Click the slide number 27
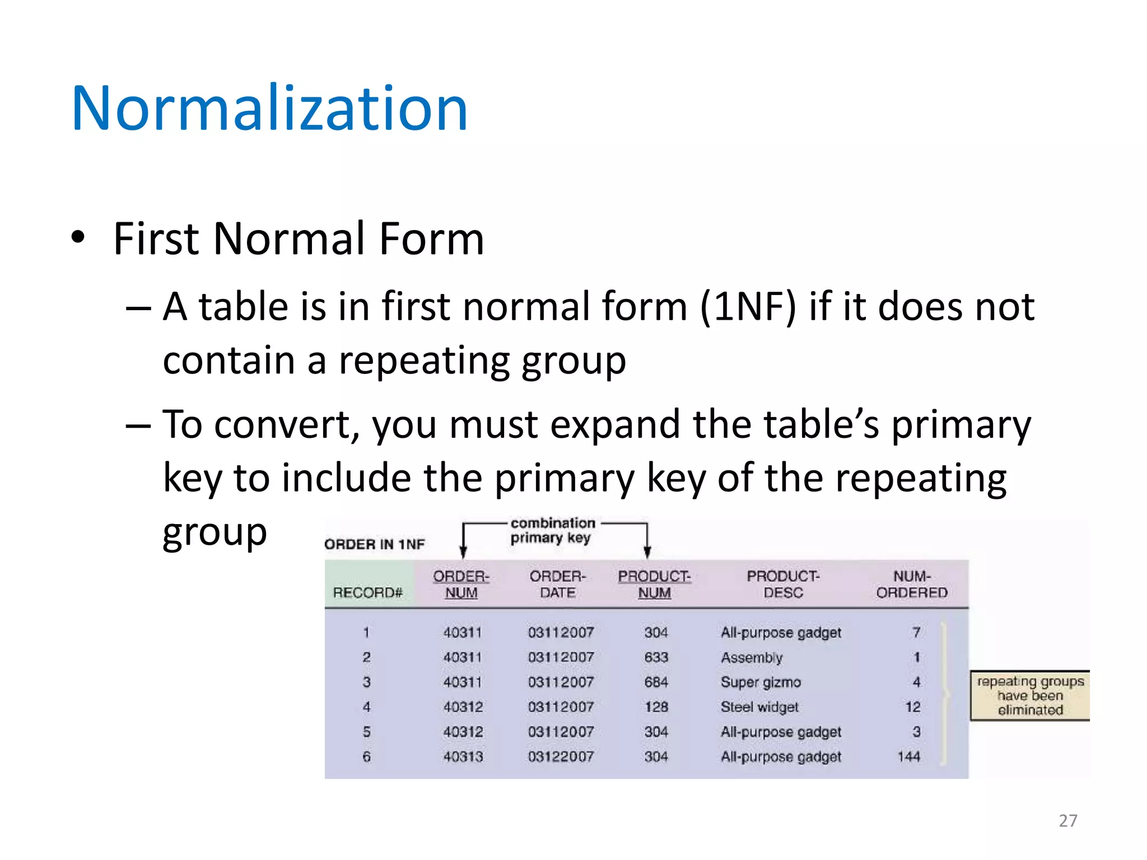click(1067, 821)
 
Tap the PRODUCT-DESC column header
click(783, 585)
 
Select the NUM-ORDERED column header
click(912, 585)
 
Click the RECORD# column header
click(367, 593)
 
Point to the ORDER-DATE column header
click(558, 585)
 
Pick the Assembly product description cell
click(752, 657)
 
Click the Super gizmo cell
click(761, 682)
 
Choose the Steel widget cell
click(759, 707)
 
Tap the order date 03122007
click(561, 757)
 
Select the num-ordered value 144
click(909, 757)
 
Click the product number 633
click(656, 657)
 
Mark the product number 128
click(656, 707)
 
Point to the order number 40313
click(463, 757)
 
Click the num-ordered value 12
click(913, 707)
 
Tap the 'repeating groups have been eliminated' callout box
click(1030, 696)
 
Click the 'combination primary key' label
click(552, 530)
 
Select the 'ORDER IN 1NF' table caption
click(375, 544)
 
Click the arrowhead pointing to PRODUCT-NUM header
click(647, 553)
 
